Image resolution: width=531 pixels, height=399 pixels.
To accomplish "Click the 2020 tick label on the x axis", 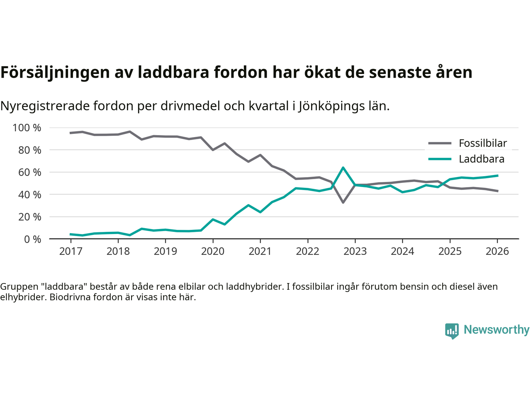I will [213, 251].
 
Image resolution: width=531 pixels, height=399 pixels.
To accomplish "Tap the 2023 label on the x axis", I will [355, 251].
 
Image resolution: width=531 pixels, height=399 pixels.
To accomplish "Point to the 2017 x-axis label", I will [71, 251].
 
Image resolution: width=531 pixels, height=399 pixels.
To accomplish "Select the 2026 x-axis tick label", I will [497, 251].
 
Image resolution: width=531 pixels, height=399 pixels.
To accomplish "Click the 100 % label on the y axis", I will [27, 128].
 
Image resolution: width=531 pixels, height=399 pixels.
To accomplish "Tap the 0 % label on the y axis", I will [32, 239].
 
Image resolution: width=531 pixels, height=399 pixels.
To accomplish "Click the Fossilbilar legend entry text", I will [483, 143].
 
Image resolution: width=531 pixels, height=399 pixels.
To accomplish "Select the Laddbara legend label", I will [482, 159].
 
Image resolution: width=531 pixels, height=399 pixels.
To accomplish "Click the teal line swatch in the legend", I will [439, 159].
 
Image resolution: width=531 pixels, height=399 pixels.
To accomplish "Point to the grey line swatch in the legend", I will [439, 143].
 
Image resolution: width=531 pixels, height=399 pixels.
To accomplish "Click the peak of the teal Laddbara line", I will [343, 167].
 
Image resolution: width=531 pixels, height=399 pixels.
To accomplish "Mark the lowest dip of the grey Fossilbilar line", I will [343, 202].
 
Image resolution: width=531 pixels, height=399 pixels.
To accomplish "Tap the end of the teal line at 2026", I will [497, 175].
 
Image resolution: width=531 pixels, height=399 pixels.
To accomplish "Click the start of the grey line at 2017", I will [71, 133].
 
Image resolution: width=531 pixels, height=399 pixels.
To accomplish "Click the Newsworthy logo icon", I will [452, 331].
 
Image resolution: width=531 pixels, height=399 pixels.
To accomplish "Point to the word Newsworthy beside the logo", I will [497, 330].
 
